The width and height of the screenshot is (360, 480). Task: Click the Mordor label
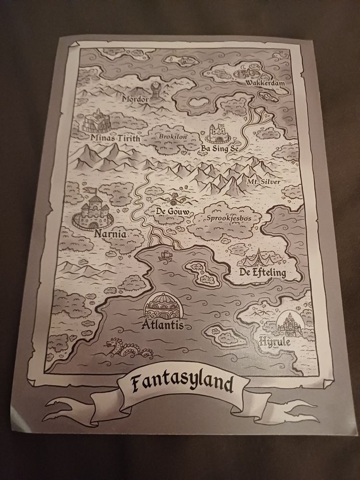click(136, 99)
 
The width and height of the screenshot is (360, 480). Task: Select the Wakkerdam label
click(265, 84)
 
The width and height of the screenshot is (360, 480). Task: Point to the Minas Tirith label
click(115, 139)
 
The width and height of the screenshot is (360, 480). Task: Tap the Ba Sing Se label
click(219, 149)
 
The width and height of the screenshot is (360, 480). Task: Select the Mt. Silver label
click(264, 182)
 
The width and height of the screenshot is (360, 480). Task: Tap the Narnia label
click(110, 235)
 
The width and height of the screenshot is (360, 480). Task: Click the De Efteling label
click(263, 274)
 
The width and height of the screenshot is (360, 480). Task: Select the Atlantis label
click(163, 325)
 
